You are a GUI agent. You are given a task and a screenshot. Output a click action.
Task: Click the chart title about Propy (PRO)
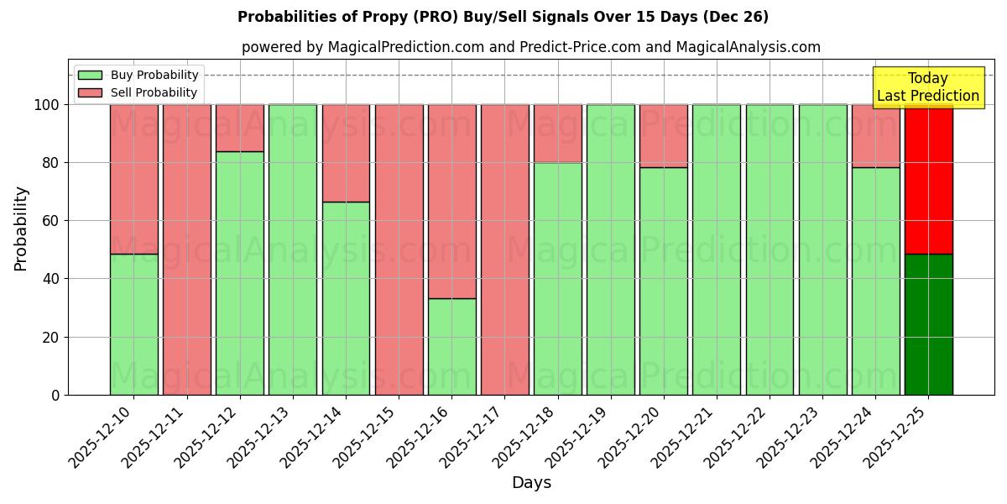pyautogui.click(x=503, y=17)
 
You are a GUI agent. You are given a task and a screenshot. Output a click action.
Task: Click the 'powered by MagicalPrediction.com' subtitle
pyautogui.click(x=530, y=47)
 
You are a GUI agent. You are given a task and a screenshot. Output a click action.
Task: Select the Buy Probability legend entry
pyautogui.click(x=138, y=75)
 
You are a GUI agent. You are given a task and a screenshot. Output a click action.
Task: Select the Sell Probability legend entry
pyautogui.click(x=138, y=92)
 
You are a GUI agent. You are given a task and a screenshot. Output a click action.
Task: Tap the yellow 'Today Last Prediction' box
pyautogui.click(x=927, y=87)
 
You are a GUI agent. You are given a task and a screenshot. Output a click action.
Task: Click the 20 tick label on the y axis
pyautogui.click(x=51, y=338)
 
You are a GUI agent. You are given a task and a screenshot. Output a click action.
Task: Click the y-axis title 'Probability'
pyautogui.click(x=21, y=228)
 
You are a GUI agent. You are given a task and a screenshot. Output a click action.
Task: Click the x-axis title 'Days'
pyautogui.click(x=531, y=483)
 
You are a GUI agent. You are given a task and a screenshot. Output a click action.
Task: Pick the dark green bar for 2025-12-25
pyautogui.click(x=928, y=324)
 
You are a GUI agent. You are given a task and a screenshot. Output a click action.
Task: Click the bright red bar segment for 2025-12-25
pyautogui.click(x=928, y=179)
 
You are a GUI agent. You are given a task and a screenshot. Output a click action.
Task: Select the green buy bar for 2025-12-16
pyautogui.click(x=451, y=346)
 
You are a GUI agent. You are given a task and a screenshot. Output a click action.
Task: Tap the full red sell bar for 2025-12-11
pyautogui.click(x=186, y=249)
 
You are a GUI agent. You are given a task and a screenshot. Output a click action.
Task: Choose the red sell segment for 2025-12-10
pyautogui.click(x=133, y=179)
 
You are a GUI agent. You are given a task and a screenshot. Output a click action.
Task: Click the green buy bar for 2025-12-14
pyautogui.click(x=346, y=298)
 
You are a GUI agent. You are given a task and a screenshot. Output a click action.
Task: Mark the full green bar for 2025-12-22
pyautogui.click(x=770, y=249)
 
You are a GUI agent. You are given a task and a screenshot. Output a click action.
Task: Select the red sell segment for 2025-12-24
pyautogui.click(x=875, y=136)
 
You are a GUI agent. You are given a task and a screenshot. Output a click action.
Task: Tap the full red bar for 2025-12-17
pyautogui.click(x=504, y=249)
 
